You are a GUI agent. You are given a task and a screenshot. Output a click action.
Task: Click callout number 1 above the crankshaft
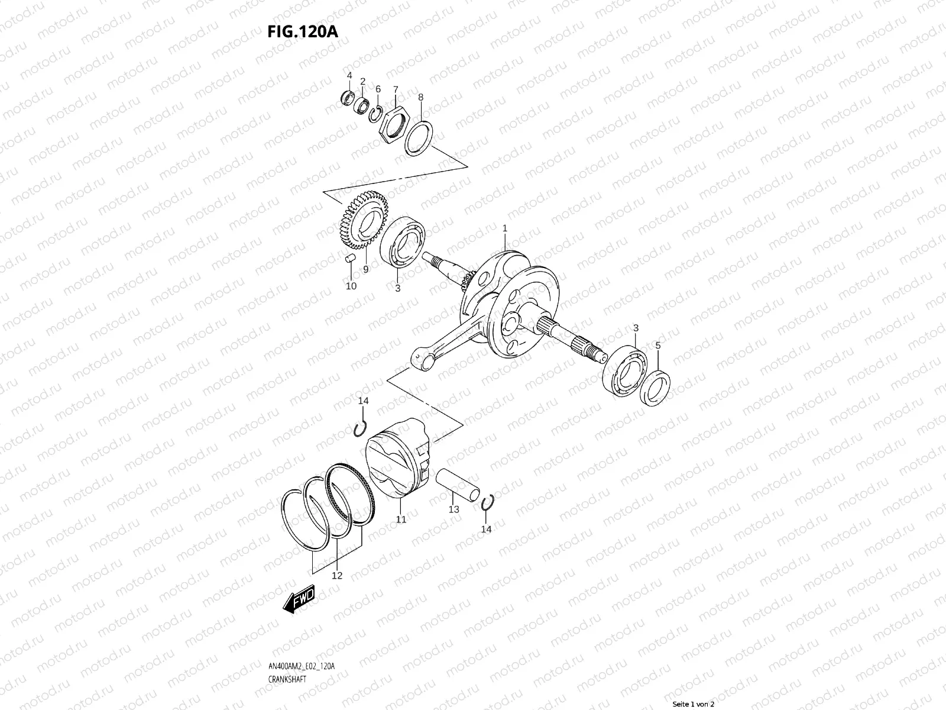click(x=505, y=228)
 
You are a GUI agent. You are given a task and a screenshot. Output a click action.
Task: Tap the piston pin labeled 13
click(x=456, y=483)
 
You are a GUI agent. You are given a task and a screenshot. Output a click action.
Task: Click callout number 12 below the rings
click(x=336, y=576)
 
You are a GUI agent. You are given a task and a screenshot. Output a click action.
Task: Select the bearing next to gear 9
click(x=404, y=242)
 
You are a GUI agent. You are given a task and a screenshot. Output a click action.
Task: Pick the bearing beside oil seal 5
click(x=625, y=372)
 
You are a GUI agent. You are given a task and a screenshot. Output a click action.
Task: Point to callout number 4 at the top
click(x=349, y=75)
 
